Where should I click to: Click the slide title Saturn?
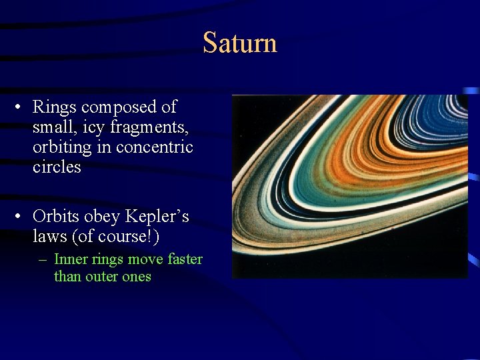[239, 43]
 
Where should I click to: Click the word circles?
[57, 167]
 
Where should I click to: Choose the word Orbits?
[57, 217]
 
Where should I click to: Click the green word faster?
[184, 259]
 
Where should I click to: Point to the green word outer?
[103, 276]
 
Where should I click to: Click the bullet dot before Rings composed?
[21, 107]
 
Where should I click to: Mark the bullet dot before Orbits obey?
[21, 217]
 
